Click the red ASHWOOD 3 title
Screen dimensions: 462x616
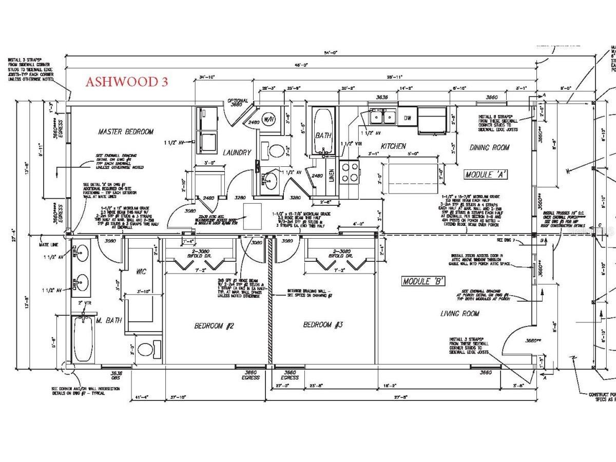click(x=126, y=82)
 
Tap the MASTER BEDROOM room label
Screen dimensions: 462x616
click(x=126, y=132)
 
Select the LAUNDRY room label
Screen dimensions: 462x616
click(x=237, y=152)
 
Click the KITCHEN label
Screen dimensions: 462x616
click(x=393, y=146)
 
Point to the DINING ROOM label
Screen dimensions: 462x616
click(x=490, y=147)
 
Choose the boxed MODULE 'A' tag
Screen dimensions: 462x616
click(x=486, y=174)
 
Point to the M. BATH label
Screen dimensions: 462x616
click(x=109, y=321)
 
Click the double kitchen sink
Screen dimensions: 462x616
click(x=382, y=118)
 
